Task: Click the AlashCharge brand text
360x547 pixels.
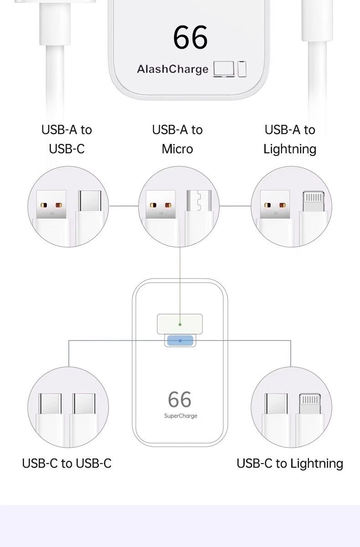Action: tap(172, 69)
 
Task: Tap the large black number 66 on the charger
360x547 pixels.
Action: tap(190, 38)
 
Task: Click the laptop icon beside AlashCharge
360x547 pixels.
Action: tap(224, 69)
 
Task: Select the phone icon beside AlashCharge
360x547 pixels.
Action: tap(242, 69)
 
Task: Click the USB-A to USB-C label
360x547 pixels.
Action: tap(67, 139)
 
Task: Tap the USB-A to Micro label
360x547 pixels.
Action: tap(177, 139)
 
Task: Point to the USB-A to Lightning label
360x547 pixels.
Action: tap(290, 139)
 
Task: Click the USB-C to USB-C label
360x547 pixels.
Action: tap(67, 464)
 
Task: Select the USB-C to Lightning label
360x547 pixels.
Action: tap(290, 464)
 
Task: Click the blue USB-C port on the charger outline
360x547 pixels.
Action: tap(180, 341)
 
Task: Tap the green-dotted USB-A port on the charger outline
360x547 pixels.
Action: tap(180, 324)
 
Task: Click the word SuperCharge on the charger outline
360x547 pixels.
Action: tap(180, 416)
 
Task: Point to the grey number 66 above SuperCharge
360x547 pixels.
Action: tap(180, 400)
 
